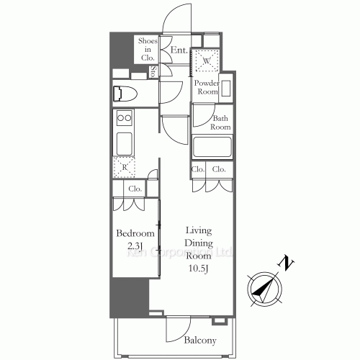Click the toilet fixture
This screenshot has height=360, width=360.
pos(124,92)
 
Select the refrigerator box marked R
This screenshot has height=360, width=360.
pos(124,166)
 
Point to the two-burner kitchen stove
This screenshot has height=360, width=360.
pos(123,118)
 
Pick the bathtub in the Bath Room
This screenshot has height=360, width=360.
pos(211,148)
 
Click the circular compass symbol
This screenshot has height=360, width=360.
pos(264,289)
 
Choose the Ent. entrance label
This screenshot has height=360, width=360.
pos(179,50)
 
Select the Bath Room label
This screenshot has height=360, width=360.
pos(221,122)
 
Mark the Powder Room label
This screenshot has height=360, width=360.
pos(208,87)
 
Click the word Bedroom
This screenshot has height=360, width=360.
pos(135,234)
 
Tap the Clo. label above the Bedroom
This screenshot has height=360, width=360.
pos(135,189)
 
